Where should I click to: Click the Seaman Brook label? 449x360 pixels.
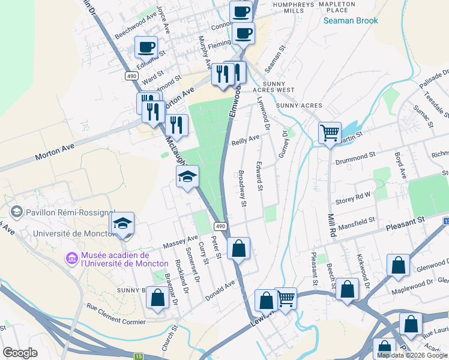point(351,21)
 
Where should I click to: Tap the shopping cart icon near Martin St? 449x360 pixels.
point(330,132)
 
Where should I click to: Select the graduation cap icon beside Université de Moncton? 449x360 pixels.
point(122,224)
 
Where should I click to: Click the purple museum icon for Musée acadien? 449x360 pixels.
point(71,258)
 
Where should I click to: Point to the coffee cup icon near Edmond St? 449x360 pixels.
point(147,46)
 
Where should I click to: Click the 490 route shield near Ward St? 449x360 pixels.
point(131,76)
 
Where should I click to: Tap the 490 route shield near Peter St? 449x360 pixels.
point(221,226)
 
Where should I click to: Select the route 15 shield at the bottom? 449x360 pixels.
point(139,356)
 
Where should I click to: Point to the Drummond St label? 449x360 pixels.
point(355,156)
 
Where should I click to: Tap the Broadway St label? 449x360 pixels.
point(242,188)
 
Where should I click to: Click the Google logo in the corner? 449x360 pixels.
point(20,353)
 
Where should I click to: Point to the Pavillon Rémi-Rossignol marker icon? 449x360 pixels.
point(16,211)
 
